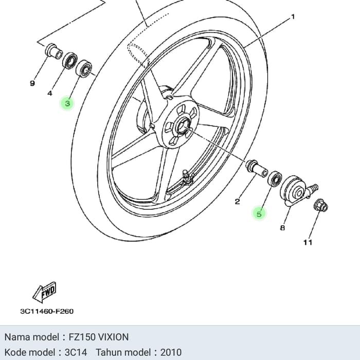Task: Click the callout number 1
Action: click(293, 17)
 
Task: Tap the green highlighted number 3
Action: click(67, 103)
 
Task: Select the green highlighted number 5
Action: click(259, 213)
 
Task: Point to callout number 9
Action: click(32, 83)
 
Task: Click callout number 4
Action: click(50, 94)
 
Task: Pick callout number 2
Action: click(237, 202)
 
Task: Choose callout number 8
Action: click(282, 227)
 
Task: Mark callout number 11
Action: click(307, 242)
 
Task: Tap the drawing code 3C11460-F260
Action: click(47, 311)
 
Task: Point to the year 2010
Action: click(171, 352)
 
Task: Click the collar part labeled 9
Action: click(53, 52)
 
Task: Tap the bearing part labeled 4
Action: click(69, 60)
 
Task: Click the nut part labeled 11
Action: click(319, 205)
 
